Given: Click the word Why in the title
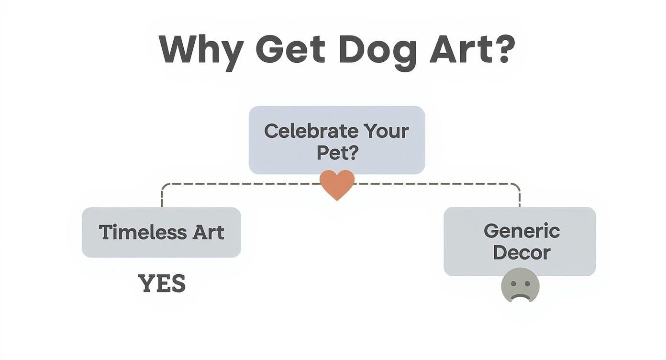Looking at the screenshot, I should (x=201, y=50).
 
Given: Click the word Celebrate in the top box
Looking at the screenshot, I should (x=311, y=131).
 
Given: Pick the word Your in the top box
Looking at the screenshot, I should (x=386, y=131).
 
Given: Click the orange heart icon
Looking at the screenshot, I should (x=337, y=184).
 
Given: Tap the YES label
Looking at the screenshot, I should (x=162, y=284).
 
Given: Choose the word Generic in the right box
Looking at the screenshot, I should (x=522, y=231).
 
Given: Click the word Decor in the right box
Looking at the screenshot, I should (x=522, y=252).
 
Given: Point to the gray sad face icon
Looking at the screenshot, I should (x=520, y=286).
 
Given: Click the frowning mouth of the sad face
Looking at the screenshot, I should (x=520, y=296).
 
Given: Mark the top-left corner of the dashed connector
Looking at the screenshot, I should (x=163, y=185).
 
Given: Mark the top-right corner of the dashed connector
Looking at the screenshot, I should (x=519, y=185).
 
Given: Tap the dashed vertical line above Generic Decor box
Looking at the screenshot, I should (x=520, y=197).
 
